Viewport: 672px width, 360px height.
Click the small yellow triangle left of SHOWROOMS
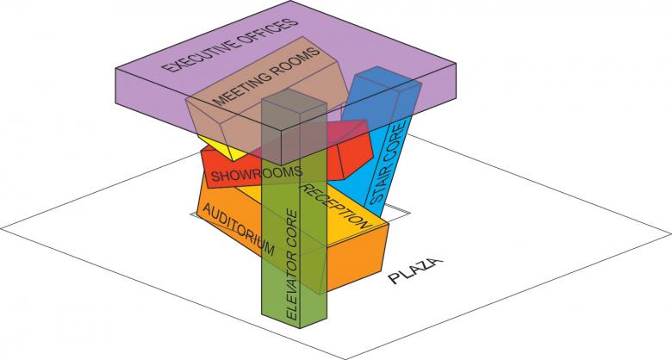219,152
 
